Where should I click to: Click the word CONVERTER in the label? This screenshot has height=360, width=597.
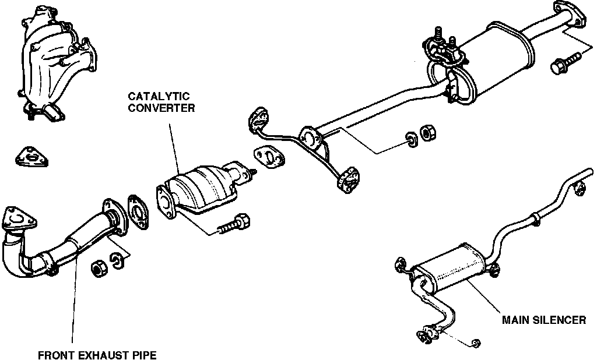[161, 107]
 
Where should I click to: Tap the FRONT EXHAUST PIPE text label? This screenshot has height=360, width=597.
[97, 354]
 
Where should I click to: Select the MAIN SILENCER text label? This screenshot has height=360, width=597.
[544, 320]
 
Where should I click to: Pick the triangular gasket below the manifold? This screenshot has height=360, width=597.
[31, 157]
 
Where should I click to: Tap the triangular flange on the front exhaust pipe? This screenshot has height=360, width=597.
[17, 219]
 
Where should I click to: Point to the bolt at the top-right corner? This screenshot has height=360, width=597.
[564, 61]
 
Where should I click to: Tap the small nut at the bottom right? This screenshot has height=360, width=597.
[476, 343]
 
